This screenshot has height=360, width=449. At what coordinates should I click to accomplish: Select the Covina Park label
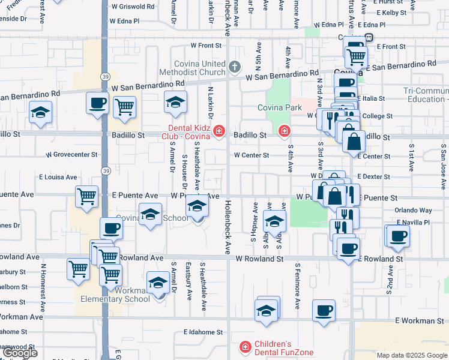(279, 107)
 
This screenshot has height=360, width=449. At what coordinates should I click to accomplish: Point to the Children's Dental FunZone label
(282, 348)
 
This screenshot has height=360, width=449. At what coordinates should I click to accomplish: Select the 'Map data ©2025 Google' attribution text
(412, 355)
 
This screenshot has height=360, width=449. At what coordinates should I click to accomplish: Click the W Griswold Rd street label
(131, 7)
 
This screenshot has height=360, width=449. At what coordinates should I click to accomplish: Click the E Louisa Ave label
(58, 177)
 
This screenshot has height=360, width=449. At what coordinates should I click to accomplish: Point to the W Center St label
(251, 155)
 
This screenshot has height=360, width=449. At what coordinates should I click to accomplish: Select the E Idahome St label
(203, 331)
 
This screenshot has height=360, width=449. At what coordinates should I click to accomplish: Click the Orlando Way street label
(413, 211)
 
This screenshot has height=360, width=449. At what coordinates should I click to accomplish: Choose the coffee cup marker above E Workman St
(324, 311)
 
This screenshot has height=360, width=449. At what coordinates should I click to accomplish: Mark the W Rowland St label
(259, 259)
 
